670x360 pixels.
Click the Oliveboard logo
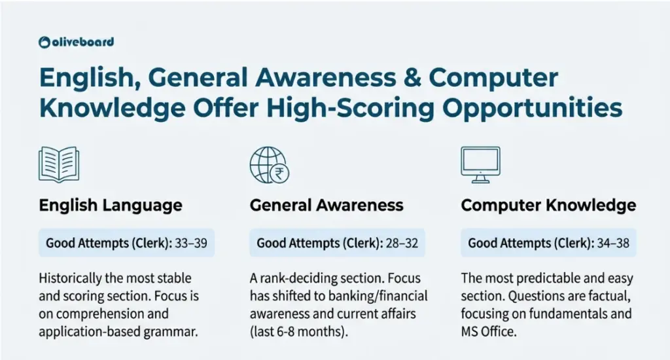[77, 42]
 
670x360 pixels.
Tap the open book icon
[58, 164]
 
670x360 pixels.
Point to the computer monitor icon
[480, 164]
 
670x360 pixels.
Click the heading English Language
[111, 206]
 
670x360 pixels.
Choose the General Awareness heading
[326, 206]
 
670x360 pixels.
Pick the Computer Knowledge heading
[548, 206]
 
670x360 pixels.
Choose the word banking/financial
[381, 297]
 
